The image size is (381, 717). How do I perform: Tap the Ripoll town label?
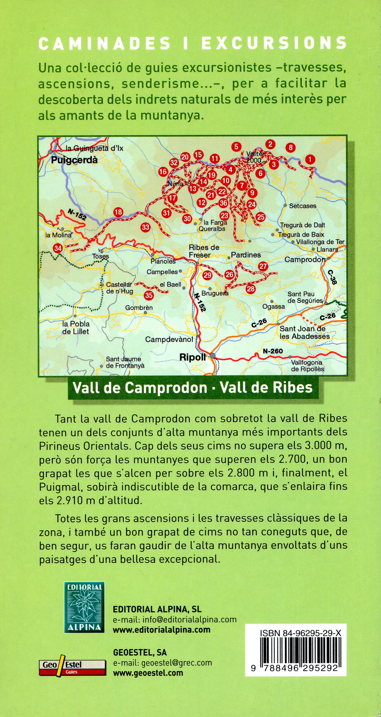193,357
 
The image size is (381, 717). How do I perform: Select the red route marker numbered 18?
118,212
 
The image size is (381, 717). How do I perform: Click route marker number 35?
149,295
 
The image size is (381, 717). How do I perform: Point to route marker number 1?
310,160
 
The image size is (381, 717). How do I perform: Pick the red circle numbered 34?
58,248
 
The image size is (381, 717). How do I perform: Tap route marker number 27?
263,266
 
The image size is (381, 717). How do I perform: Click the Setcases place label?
303,206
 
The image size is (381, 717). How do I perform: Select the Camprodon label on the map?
305,259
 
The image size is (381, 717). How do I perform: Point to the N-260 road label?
273,351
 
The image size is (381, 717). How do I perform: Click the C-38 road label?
332,277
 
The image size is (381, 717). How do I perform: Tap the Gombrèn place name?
139,308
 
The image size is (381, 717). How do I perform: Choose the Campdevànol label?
169,339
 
